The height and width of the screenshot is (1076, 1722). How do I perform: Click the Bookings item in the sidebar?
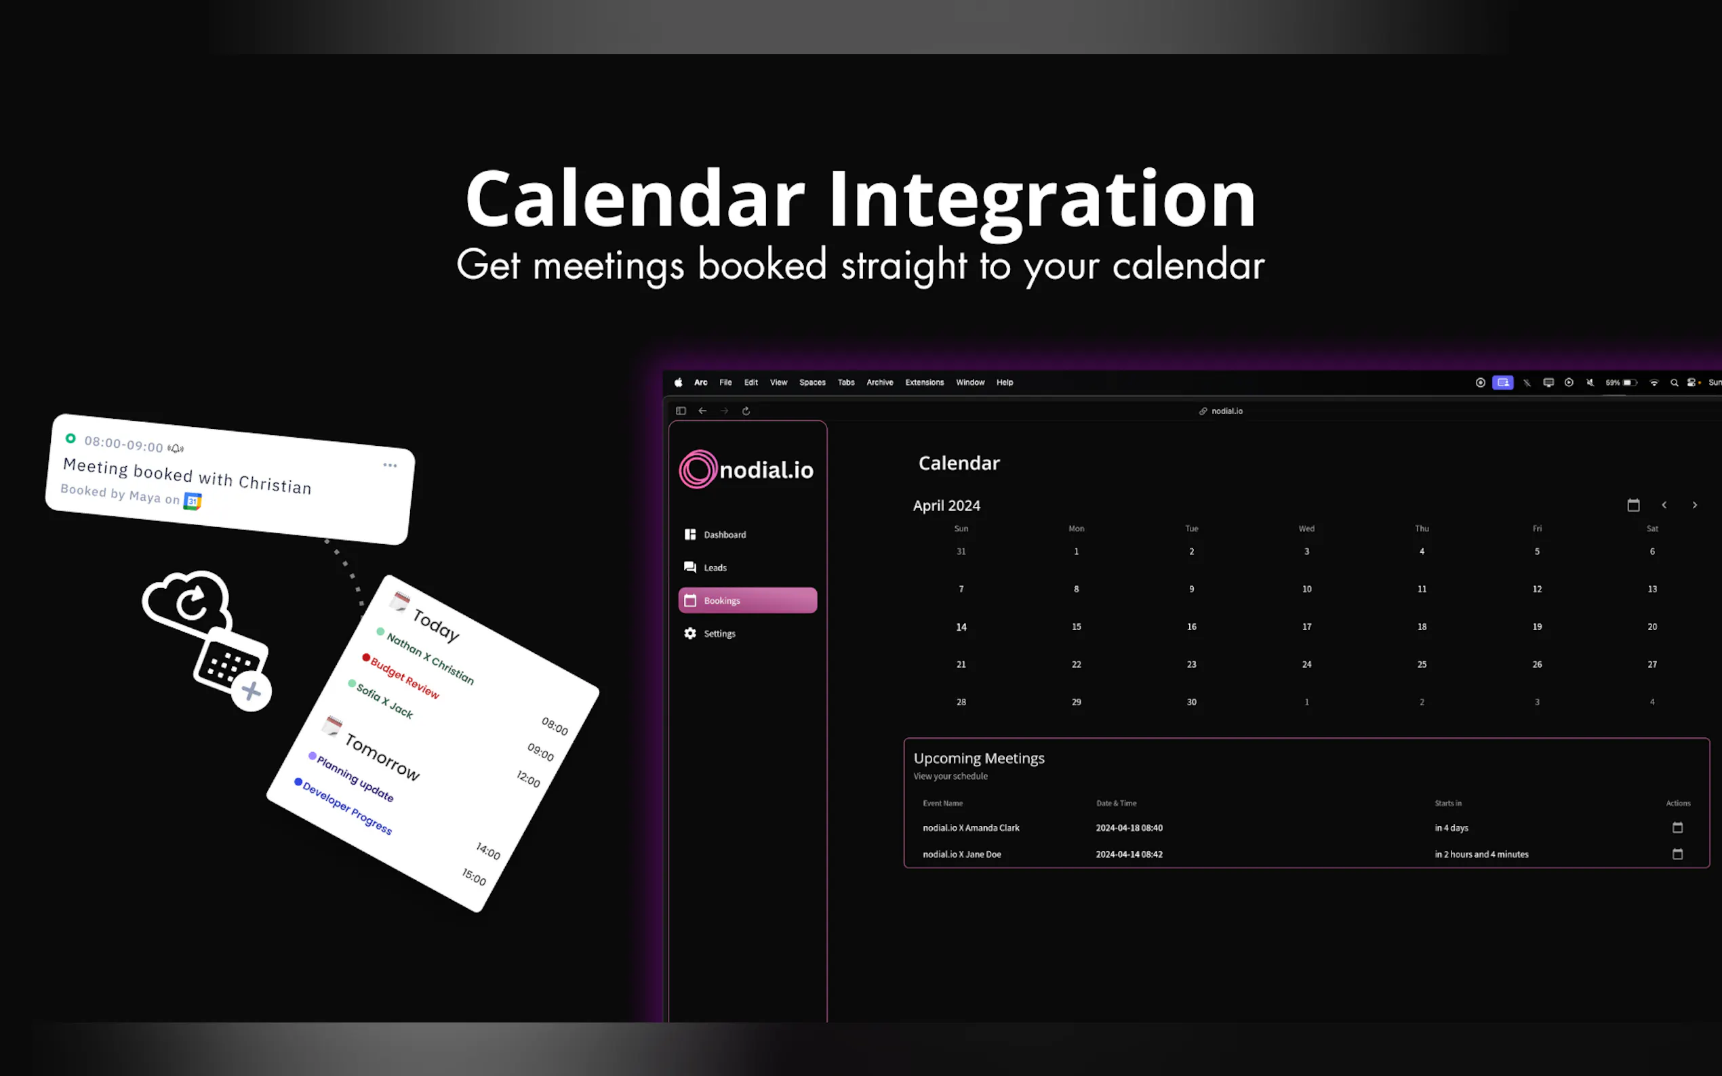click(x=748, y=600)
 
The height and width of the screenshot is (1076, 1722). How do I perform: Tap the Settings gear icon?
click(x=689, y=634)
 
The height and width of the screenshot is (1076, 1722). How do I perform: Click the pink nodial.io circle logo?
click(x=698, y=470)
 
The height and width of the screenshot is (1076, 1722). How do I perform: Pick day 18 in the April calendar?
click(x=1422, y=627)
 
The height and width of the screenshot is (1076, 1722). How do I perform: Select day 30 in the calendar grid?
click(x=1192, y=702)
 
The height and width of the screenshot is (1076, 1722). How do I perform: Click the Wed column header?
click(x=1306, y=529)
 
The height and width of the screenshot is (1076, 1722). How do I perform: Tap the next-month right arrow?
click(x=1695, y=505)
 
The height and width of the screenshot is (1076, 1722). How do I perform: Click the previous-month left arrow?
click(x=1664, y=505)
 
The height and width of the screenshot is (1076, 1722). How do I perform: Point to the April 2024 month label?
click(x=947, y=506)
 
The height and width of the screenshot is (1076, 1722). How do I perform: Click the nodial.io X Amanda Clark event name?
click(x=971, y=827)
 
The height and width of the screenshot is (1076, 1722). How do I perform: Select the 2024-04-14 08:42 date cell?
click(x=1129, y=854)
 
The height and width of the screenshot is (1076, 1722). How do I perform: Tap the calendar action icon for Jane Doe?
click(x=1678, y=854)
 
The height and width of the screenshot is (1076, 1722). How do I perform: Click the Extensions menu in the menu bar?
click(x=925, y=383)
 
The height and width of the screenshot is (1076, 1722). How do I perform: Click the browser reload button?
click(x=746, y=411)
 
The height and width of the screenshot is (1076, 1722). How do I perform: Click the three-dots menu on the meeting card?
click(x=390, y=465)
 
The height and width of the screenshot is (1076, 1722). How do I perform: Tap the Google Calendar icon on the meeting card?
click(x=193, y=501)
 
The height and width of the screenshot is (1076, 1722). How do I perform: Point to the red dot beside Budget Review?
click(x=366, y=657)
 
